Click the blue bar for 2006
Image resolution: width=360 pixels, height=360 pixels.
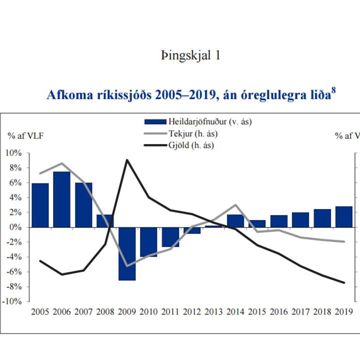[61, 199]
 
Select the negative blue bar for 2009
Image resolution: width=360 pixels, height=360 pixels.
[126, 253]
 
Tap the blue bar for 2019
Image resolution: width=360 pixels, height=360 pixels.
[344, 216]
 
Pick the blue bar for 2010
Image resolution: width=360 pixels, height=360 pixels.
[148, 241]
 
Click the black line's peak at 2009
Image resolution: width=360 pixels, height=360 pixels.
[127, 160]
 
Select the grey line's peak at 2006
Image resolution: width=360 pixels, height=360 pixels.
[61, 163]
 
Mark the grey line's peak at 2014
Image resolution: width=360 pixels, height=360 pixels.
[235, 205]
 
